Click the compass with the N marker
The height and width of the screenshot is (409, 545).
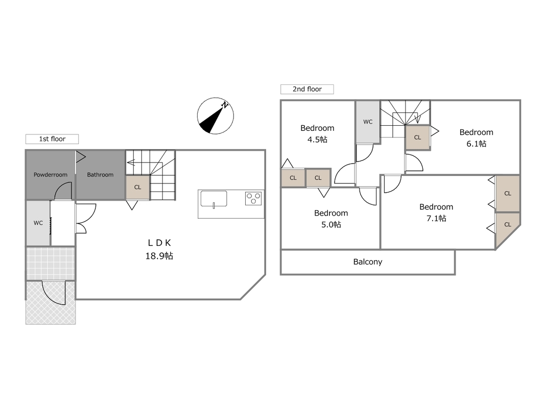coord(215,116)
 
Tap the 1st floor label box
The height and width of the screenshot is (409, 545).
coord(52,139)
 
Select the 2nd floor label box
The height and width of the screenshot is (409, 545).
coord(307,89)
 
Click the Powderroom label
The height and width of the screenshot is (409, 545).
coord(51,174)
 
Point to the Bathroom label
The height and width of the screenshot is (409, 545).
coord(100,174)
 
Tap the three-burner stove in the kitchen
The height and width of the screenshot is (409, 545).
coord(253,198)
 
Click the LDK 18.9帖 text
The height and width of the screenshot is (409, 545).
coord(159,249)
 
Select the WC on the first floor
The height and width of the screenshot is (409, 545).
coord(38,223)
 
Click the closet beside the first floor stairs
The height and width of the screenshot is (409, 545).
coord(137,187)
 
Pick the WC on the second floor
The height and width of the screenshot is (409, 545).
coord(368,122)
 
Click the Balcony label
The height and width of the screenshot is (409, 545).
coord(368,262)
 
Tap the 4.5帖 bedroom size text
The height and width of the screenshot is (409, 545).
coord(317,140)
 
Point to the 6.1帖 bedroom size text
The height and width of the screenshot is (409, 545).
coord(476,144)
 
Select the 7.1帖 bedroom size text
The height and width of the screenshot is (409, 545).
coord(436,218)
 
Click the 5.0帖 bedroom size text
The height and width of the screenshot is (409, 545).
coord(331,224)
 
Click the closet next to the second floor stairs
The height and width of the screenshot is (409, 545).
coord(418,138)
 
